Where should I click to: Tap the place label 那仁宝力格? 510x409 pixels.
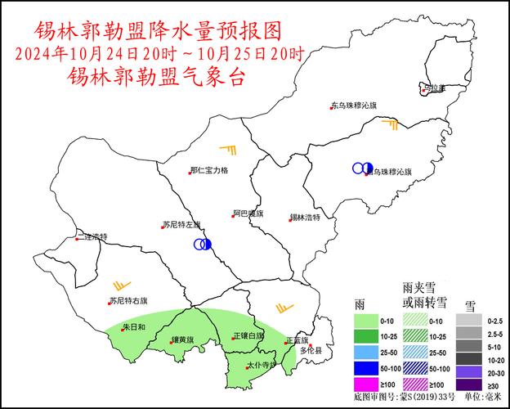point(209,170)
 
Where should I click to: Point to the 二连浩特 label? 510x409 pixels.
point(91,237)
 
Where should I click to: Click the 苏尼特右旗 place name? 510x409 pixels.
point(128,300)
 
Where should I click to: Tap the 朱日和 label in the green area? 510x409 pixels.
point(133,327)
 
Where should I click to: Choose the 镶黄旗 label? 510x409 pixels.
point(181,339)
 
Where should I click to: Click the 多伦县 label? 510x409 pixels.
point(310,350)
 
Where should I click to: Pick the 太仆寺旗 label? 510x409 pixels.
point(262,364)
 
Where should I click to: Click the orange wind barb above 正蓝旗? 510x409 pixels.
point(284,308)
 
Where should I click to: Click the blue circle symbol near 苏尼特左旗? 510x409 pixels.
point(203,244)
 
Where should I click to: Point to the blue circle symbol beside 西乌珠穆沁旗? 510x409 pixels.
point(362,168)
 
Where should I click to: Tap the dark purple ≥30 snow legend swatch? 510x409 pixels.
point(467,384)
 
